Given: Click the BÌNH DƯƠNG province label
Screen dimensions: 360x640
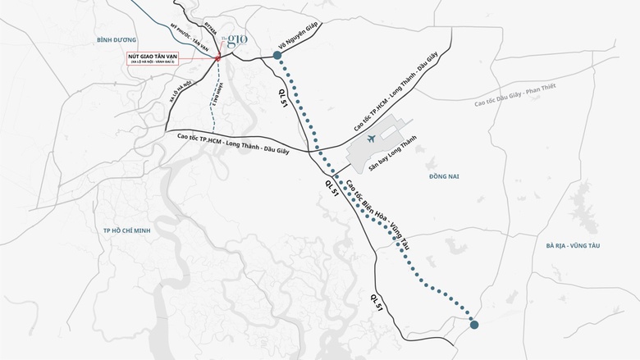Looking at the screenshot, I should point(115,39).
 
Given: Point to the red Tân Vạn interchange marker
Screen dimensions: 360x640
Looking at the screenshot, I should point(218,58).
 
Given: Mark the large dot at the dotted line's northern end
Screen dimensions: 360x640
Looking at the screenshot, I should point(277,55).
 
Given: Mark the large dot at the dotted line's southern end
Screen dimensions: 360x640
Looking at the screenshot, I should point(475,326).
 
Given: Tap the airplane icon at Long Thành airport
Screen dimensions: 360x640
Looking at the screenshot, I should point(372,139).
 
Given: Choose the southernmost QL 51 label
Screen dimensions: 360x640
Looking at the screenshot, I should point(377,301).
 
